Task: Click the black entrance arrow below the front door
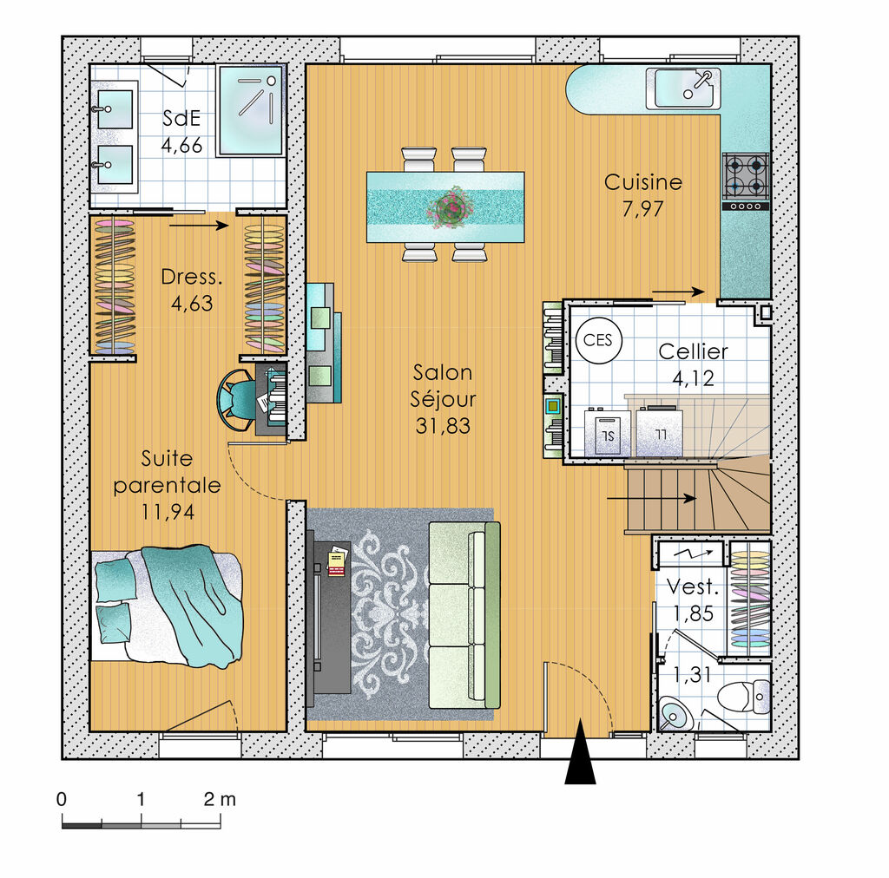[x=580, y=752]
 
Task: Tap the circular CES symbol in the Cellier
[x=598, y=340]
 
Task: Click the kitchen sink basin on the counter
[x=684, y=88]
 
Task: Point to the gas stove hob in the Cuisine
[x=746, y=181]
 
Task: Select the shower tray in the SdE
[x=251, y=110]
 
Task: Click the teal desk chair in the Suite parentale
[x=236, y=399]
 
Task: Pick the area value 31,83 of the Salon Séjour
[x=443, y=426]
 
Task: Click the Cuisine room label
[x=643, y=182]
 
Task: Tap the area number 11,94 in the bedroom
[x=168, y=512]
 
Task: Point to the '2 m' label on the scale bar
[x=220, y=799]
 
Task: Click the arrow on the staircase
[x=651, y=499]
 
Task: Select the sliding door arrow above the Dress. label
[x=199, y=226]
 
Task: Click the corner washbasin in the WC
[x=675, y=714]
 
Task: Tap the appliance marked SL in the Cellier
[x=607, y=433]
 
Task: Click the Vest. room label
[x=692, y=586]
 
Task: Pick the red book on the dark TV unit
[x=337, y=564]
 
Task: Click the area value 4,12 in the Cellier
[x=693, y=378]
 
